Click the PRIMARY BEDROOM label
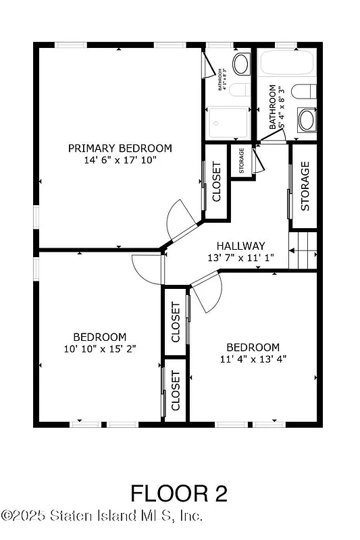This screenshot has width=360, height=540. click(120, 148)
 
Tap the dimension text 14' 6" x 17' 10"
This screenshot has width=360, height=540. click(120, 161)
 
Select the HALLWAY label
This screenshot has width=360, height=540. click(240, 246)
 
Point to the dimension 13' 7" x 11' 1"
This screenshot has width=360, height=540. click(240, 258)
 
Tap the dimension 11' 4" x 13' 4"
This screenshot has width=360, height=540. click(253, 359)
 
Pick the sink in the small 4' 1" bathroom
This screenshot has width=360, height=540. click(240, 65)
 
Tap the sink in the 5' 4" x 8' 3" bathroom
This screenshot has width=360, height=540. click(307, 120)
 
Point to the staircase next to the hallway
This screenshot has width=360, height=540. click(303, 250)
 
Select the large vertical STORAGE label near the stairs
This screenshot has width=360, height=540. click(305, 186)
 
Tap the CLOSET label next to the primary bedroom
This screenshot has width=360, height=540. click(217, 182)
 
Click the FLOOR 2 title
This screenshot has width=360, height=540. click(179, 493)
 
